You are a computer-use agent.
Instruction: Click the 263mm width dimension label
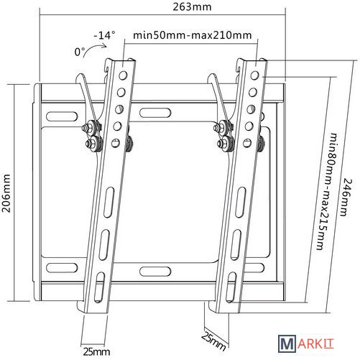point(192,6)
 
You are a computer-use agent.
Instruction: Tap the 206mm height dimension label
point(6,193)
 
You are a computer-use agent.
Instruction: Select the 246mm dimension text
point(346,197)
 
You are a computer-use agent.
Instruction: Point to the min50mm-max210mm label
point(193,35)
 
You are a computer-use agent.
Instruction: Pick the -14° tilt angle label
point(104,35)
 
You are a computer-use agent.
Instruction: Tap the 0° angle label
point(80,52)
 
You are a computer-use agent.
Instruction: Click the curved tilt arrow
point(93,48)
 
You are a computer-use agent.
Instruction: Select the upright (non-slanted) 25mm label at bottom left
point(96,351)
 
